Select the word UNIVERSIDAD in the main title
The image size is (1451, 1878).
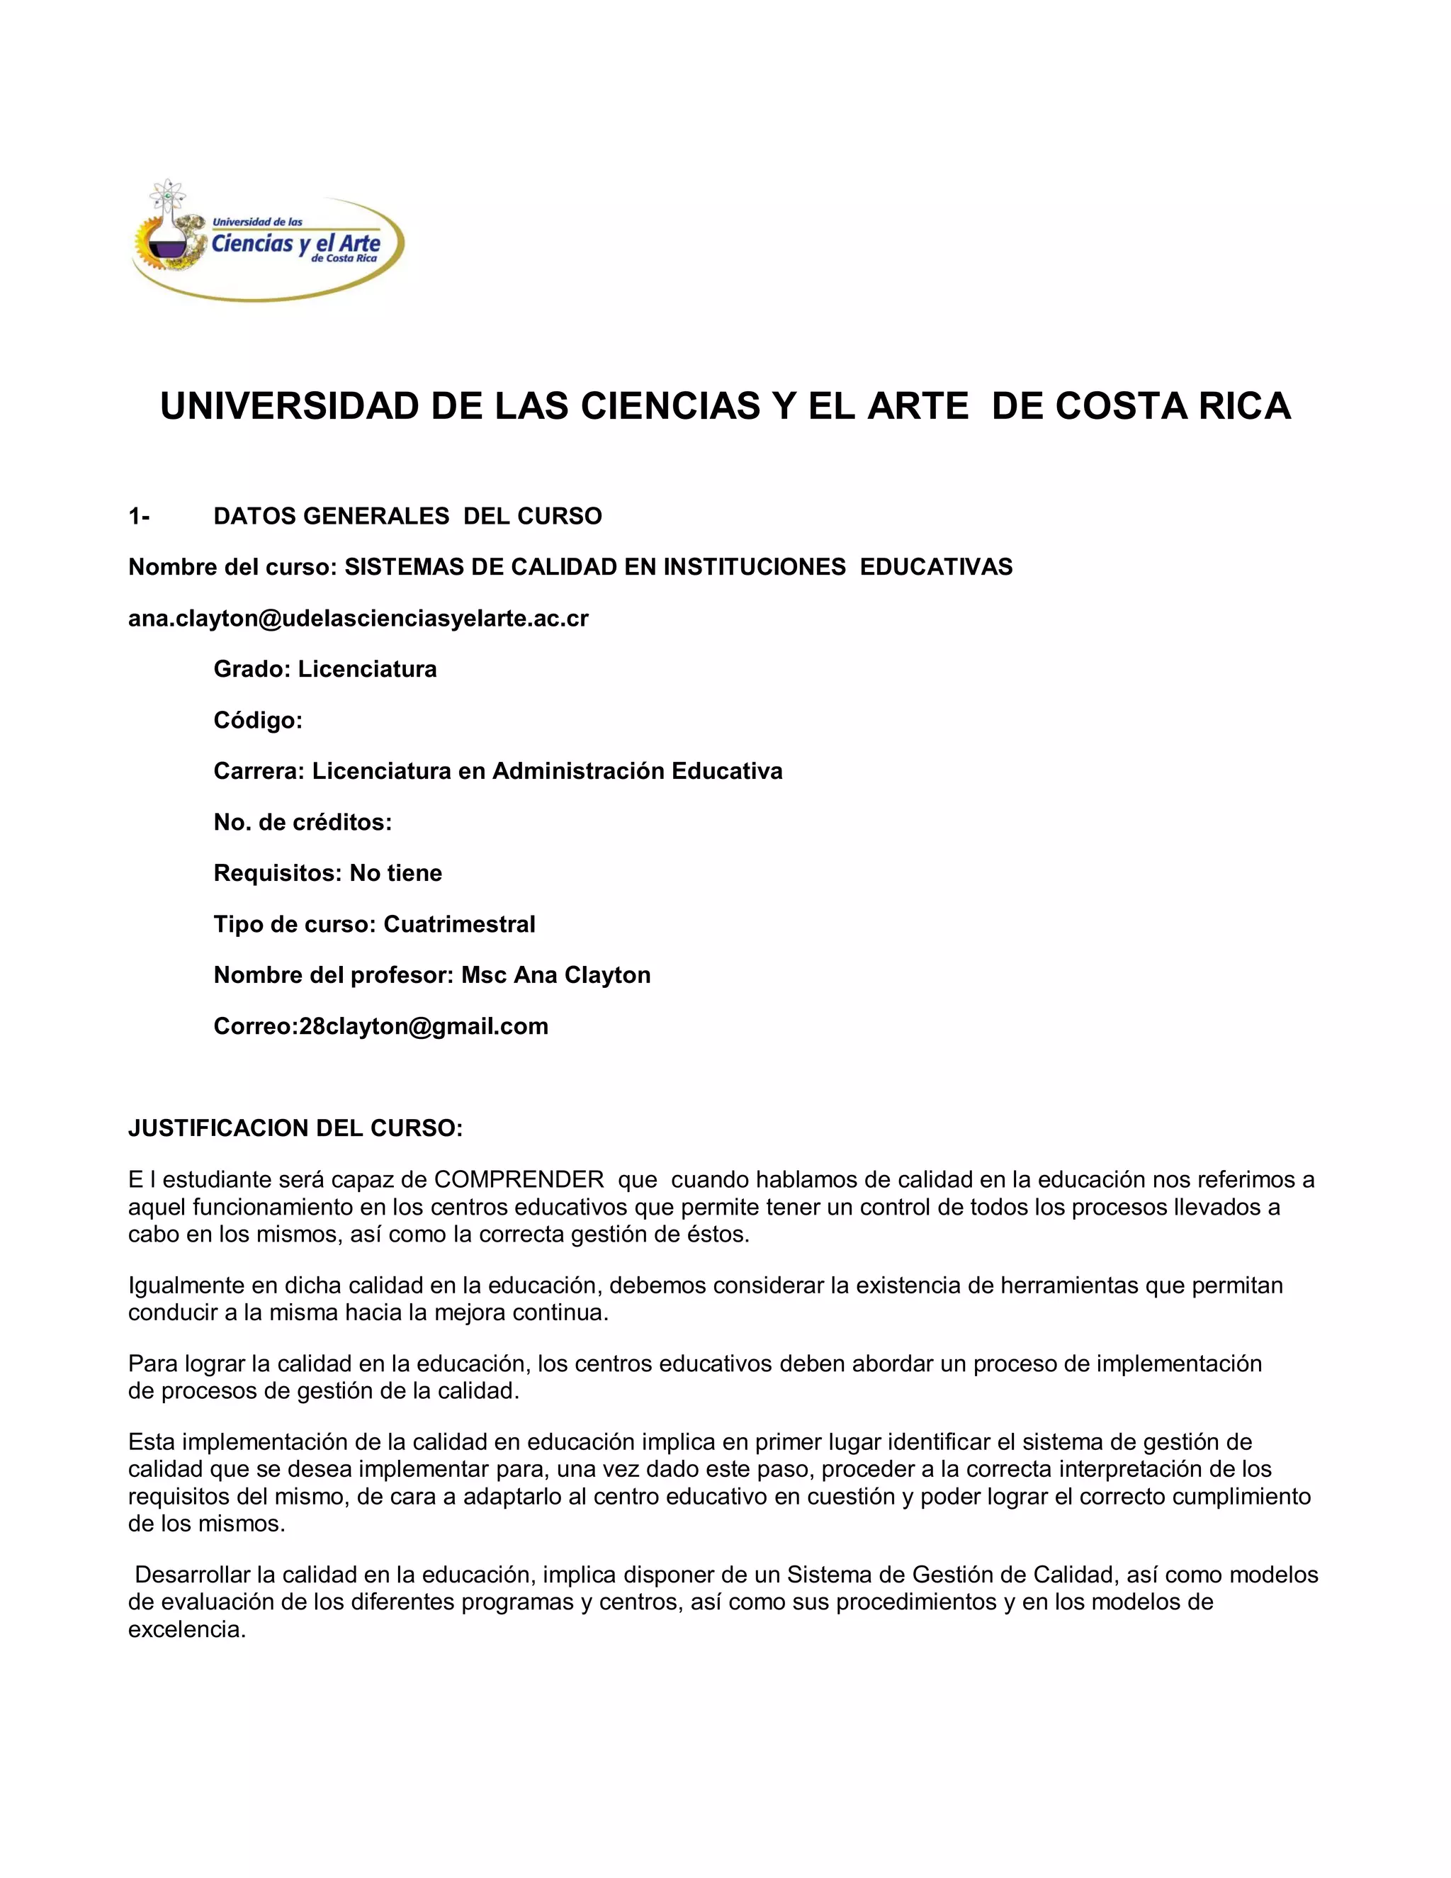(289, 406)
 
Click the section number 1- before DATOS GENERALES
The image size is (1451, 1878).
(138, 516)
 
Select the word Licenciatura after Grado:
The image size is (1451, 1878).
(367, 669)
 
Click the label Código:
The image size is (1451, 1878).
(258, 720)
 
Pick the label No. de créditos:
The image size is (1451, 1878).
(303, 822)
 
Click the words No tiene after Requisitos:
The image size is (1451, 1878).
(395, 873)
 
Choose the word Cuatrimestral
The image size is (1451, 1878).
(459, 924)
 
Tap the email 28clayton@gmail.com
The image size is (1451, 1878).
(424, 1026)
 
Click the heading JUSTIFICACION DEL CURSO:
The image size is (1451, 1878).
(295, 1128)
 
